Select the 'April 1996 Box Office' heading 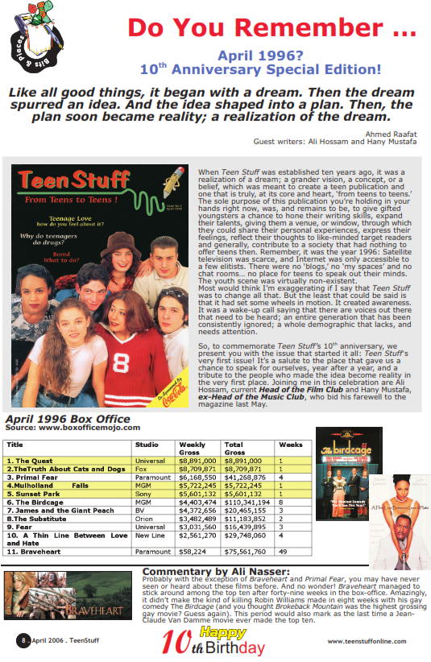coord(68,420)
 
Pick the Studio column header coord(147,445)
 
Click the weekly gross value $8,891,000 coord(197,461)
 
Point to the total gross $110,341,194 coord(246,502)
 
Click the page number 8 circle coord(25,640)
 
